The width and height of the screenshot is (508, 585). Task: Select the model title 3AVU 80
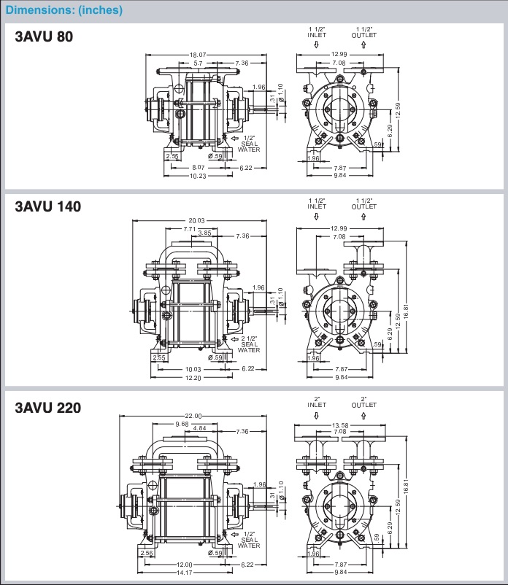[x=44, y=36]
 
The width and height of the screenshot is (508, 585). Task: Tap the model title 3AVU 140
[x=47, y=206]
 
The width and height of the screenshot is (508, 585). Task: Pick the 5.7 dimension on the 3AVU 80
[x=199, y=63]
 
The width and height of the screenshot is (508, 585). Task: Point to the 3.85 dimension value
[x=205, y=233]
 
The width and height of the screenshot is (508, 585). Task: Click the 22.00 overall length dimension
[x=192, y=415]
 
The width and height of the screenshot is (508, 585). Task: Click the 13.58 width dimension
[x=339, y=425]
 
